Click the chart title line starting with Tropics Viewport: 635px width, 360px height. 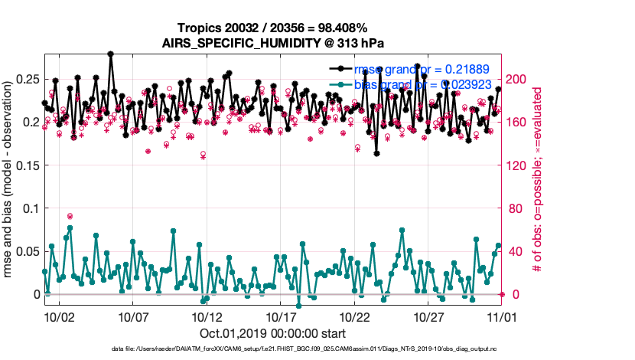tap(272, 28)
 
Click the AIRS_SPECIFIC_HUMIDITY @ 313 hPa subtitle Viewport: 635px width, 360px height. tap(272, 43)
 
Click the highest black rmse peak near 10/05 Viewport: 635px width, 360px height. tap(111, 54)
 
